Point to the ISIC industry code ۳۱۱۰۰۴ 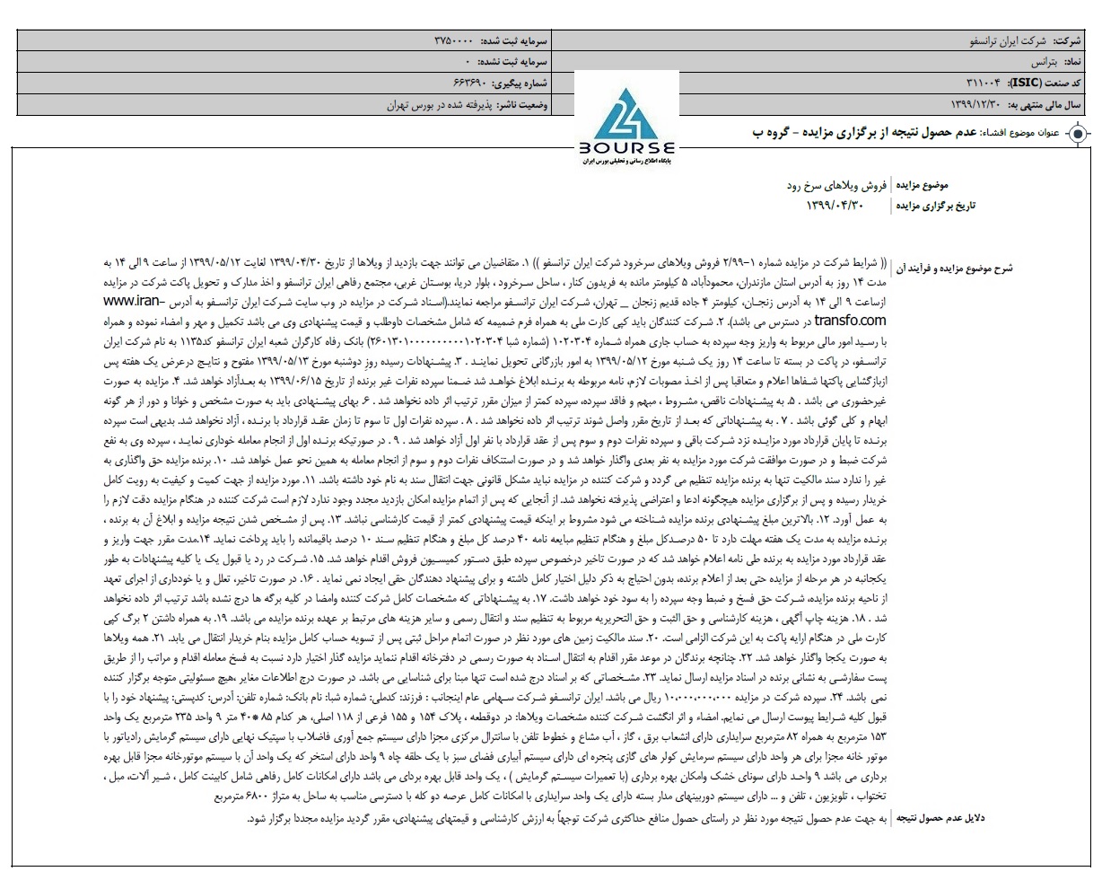coord(979,83)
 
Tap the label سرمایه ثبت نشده coord(515,62)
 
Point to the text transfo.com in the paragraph coord(851,319)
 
